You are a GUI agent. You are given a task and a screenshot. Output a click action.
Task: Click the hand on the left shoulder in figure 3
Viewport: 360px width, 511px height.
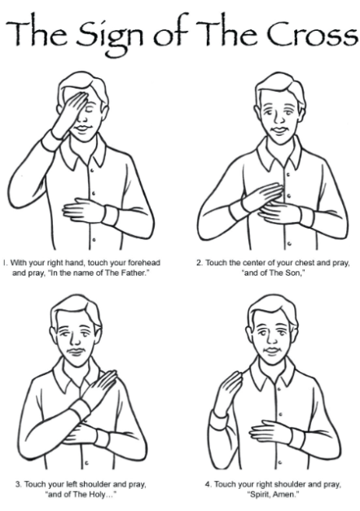[x=99, y=388]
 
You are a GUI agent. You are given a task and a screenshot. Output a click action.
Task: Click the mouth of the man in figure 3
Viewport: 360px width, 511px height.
[x=77, y=351]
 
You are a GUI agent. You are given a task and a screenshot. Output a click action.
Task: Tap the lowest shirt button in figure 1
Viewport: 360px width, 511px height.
[x=94, y=240]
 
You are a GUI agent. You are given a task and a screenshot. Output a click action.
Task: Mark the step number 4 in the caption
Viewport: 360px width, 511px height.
[x=208, y=485]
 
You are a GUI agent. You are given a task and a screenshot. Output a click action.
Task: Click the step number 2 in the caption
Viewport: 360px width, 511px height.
[x=199, y=263]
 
